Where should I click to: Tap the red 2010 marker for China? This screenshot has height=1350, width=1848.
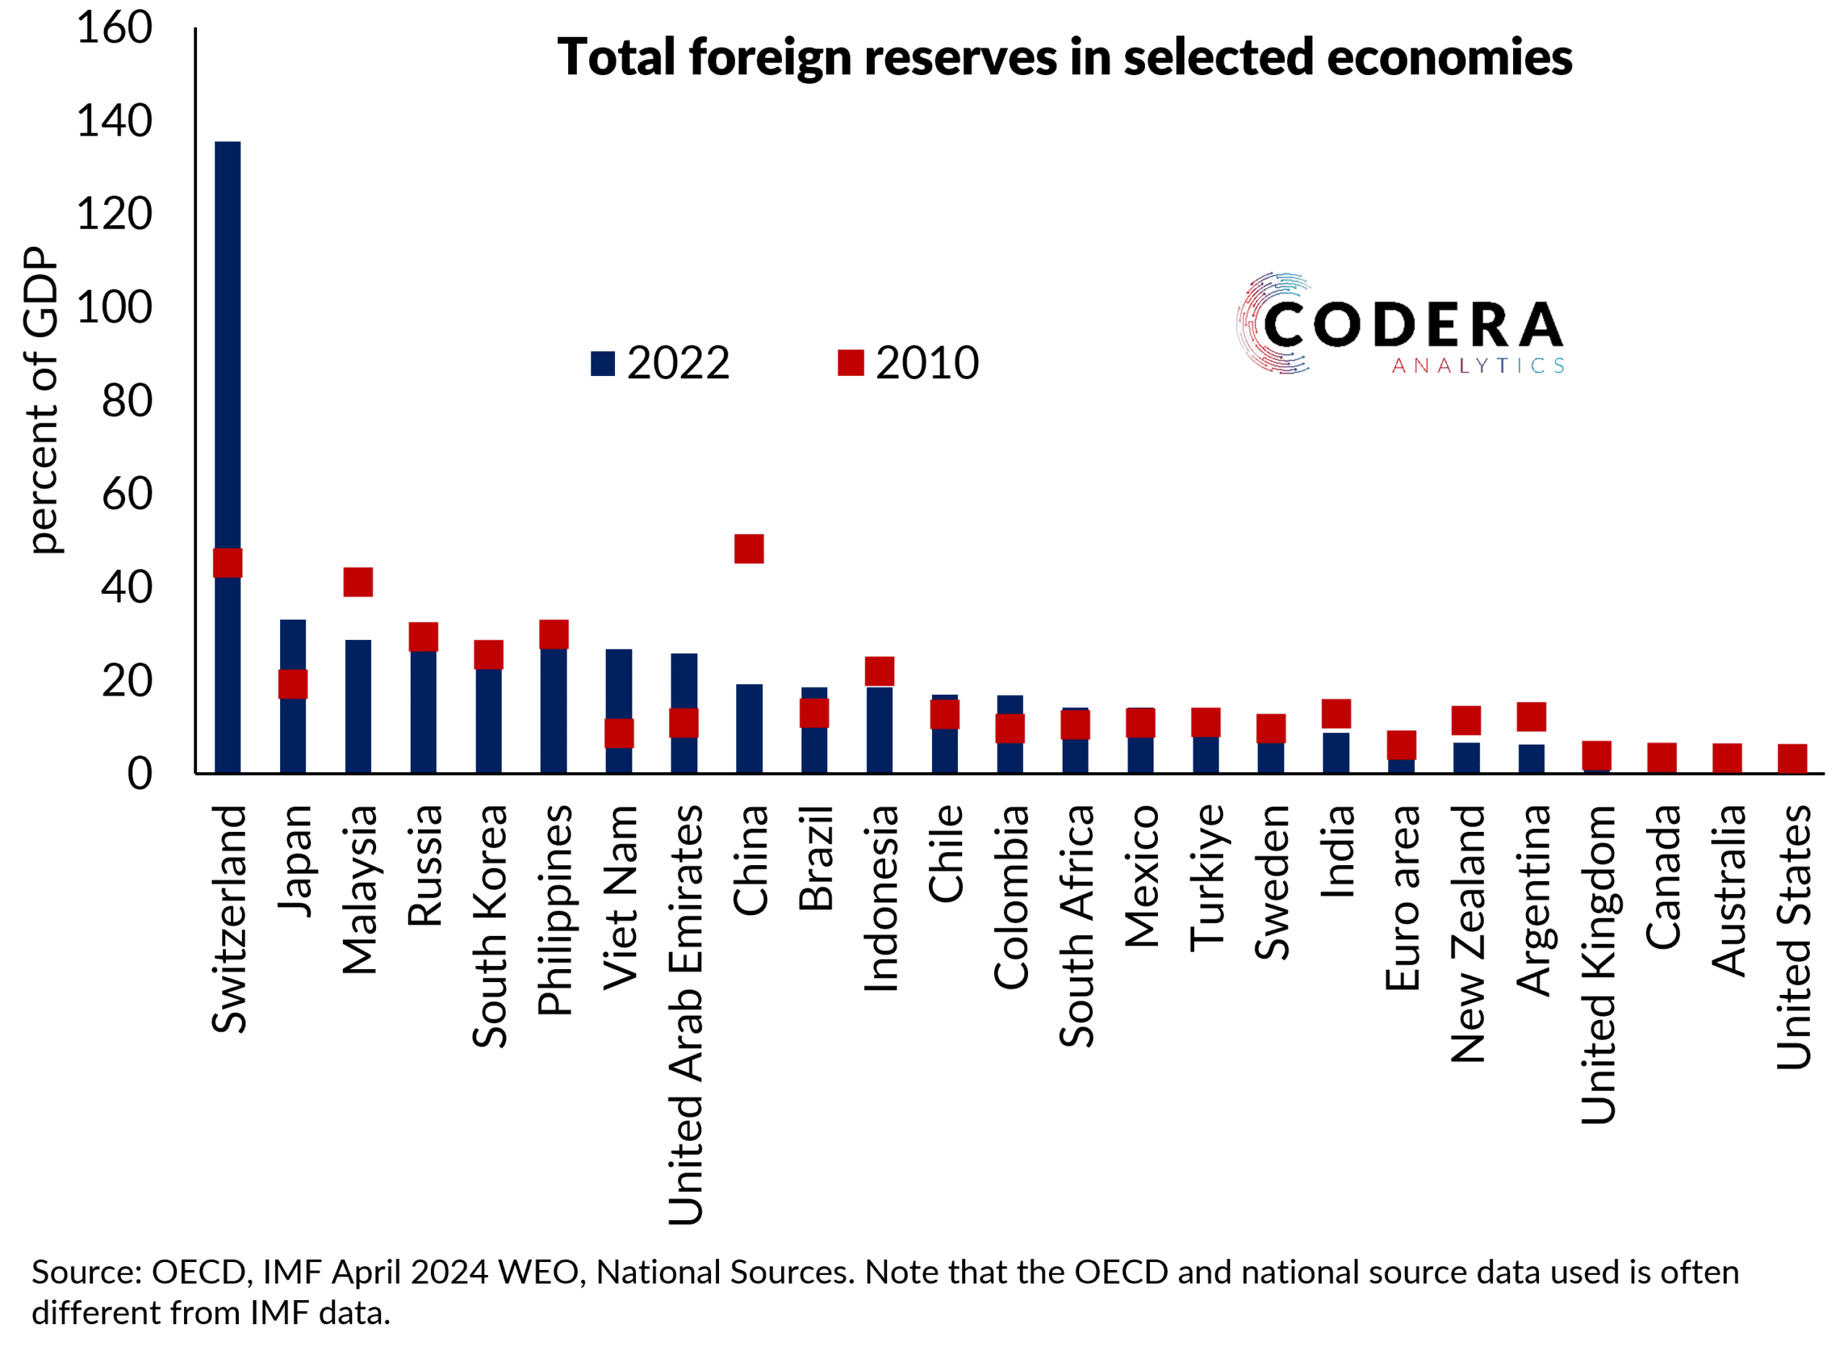coord(749,548)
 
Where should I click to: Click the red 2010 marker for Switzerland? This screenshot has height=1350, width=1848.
coord(228,563)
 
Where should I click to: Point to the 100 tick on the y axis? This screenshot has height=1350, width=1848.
coord(115,308)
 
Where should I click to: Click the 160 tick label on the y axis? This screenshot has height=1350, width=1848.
coord(115,29)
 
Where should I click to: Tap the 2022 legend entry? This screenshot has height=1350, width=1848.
coord(661,363)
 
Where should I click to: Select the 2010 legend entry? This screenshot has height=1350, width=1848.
coord(909,363)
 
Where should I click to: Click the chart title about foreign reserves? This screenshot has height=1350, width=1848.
coord(1064,57)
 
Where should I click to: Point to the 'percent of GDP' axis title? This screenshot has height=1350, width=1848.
coord(41,400)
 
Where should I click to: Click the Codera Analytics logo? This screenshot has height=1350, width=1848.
coord(1399,325)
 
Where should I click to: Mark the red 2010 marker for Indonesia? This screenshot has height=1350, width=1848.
coord(879,671)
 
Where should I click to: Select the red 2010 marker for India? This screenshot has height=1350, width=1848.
coord(1336,714)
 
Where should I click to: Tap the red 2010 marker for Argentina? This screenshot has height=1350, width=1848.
coord(1532,716)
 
